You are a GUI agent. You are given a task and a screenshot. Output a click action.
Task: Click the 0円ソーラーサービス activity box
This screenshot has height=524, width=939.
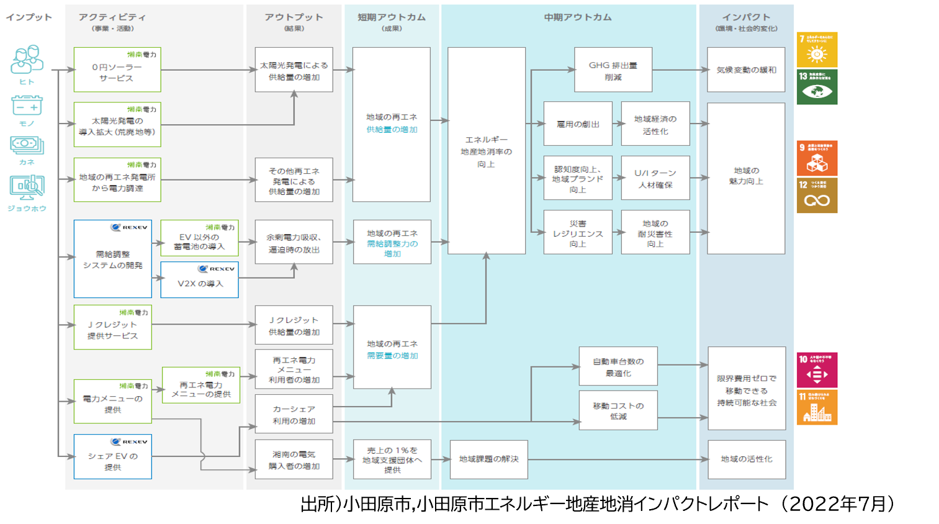[x=117, y=70]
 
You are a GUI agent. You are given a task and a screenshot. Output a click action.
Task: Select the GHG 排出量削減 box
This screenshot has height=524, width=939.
[x=613, y=70]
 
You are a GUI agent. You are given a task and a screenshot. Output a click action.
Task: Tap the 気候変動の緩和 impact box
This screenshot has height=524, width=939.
[x=746, y=70]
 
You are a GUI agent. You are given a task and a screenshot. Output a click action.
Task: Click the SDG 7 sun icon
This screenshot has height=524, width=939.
[x=817, y=50]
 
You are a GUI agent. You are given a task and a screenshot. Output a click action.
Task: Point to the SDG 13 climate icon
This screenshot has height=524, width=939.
[x=817, y=87]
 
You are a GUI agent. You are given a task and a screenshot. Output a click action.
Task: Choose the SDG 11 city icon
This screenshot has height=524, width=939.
[x=817, y=408]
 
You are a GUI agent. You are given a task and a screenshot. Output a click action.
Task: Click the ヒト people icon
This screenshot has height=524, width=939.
[x=27, y=60]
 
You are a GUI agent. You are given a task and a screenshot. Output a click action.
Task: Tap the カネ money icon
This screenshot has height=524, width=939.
[x=27, y=146]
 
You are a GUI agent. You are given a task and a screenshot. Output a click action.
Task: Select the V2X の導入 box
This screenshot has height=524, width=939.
[x=199, y=280]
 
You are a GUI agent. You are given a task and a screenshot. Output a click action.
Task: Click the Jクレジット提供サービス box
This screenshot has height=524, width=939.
[x=112, y=327]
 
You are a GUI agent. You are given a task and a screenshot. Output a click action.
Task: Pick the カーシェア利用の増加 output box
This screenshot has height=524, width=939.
[x=294, y=414]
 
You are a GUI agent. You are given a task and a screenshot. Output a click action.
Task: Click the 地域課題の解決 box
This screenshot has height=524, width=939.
[x=488, y=459]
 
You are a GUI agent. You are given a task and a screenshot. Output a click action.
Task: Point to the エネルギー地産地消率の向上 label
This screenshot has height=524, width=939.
[x=486, y=151]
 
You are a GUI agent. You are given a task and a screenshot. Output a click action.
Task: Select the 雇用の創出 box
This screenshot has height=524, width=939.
[x=577, y=124]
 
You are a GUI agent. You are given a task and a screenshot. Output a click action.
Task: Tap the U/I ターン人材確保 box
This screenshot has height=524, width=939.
[x=655, y=178]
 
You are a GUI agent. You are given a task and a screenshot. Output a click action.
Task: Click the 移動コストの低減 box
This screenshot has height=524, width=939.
[x=618, y=410]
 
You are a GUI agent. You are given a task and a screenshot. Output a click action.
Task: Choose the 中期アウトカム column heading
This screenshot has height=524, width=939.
[x=577, y=17]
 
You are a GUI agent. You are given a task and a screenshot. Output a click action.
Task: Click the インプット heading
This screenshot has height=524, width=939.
[x=29, y=17]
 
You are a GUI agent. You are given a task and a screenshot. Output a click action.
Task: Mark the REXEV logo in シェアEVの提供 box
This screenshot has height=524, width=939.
[x=129, y=442]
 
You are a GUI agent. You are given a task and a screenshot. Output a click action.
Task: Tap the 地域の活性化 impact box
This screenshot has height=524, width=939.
[x=746, y=459]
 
